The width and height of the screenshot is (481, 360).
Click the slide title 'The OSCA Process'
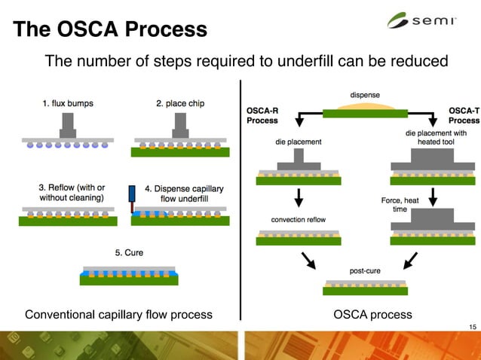110,29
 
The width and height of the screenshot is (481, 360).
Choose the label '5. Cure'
128,252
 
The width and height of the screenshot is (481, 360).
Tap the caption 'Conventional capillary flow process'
118,313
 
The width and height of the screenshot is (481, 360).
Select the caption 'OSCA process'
372,313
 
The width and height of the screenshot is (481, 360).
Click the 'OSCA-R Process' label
262,114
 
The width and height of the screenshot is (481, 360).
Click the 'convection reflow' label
299,220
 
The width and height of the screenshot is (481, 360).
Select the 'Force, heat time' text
400,204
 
